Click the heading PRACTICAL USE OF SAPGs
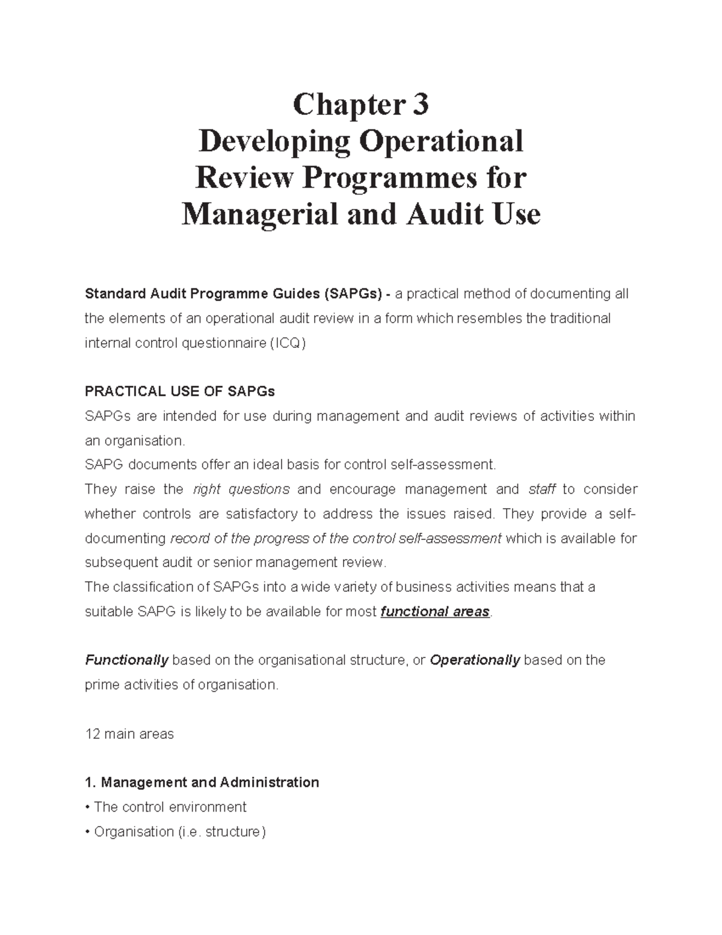click(179, 391)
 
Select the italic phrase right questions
click(241, 489)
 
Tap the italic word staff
click(541, 489)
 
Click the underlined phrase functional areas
click(436, 612)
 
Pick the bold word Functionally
click(126, 660)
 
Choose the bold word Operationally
click(475, 660)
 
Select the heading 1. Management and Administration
click(202, 783)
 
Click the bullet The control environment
click(170, 807)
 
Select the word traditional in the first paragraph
click(576, 318)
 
